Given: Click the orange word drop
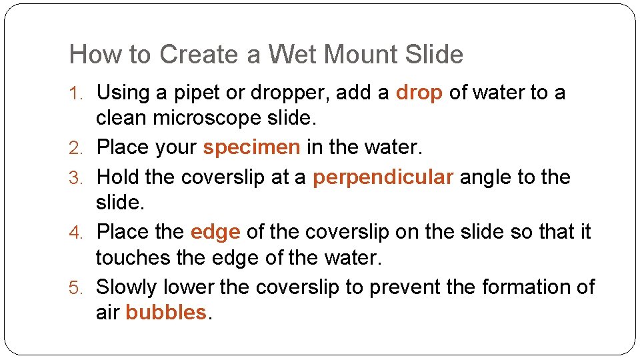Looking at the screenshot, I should pos(419,93).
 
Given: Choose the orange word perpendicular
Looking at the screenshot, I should pos(383,178).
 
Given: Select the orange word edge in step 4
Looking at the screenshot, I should pos(215,232).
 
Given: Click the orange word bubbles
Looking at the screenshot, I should pos(166,312).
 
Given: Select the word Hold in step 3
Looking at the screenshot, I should pos(117,177).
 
